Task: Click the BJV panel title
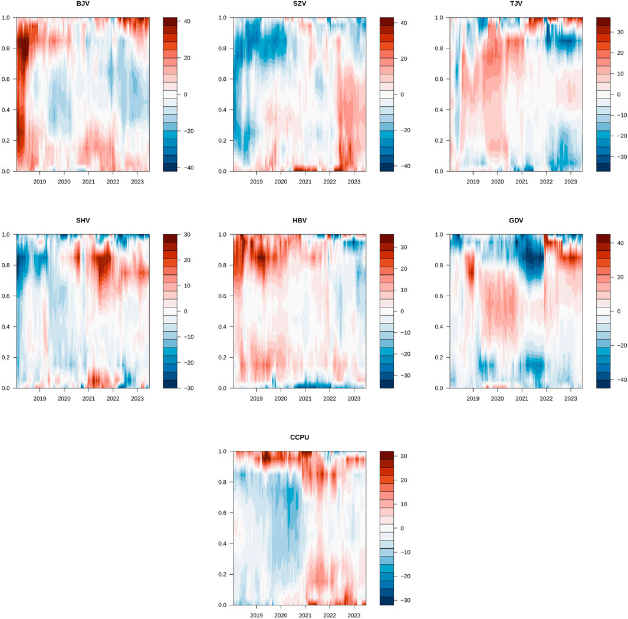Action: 83,4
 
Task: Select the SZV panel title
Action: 299,4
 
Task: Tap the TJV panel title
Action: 516,4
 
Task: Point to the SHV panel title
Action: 83,221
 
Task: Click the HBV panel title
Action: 299,221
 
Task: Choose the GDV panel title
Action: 516,221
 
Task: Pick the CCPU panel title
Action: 299,437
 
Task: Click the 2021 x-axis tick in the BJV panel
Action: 88,182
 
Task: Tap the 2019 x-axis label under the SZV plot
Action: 257,182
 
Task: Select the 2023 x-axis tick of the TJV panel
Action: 570,182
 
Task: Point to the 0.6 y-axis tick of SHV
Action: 7,296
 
